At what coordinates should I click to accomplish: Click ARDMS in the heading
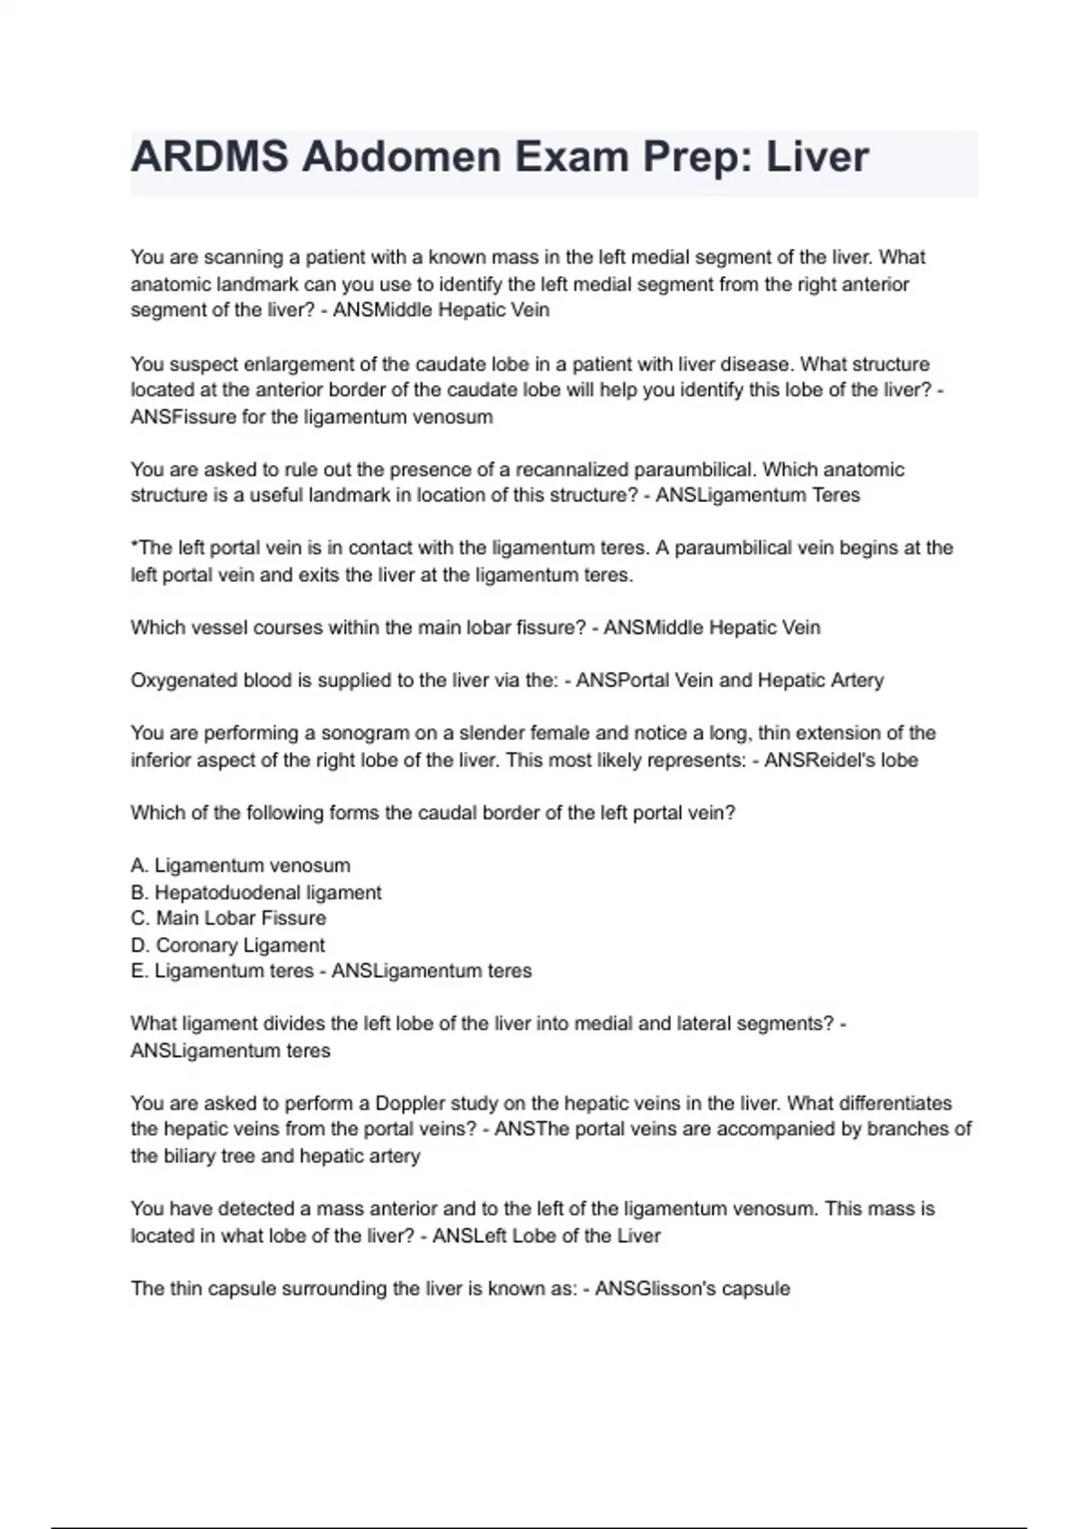tap(210, 157)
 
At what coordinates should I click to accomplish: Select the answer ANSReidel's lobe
tap(841, 760)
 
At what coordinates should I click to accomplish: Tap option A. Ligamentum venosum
tap(240, 865)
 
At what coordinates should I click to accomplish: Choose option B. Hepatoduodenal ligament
tap(255, 892)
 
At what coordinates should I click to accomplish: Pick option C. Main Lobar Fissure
tap(228, 918)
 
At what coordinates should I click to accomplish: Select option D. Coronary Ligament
tap(227, 945)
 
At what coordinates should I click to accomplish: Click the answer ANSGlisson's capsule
tap(692, 1289)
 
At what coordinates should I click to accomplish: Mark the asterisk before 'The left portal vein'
tap(133, 545)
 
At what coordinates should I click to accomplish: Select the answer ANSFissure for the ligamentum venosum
tap(311, 417)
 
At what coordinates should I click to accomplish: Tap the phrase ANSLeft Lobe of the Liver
tap(546, 1236)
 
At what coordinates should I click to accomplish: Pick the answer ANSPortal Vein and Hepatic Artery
tap(729, 681)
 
